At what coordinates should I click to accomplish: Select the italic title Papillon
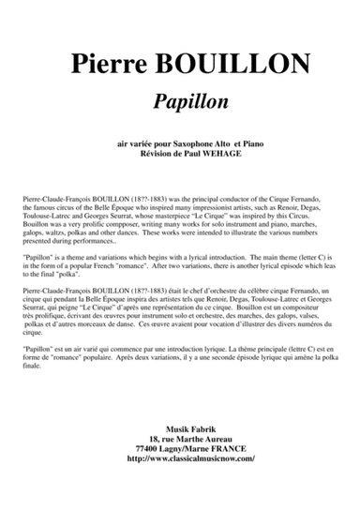pos(179,100)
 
